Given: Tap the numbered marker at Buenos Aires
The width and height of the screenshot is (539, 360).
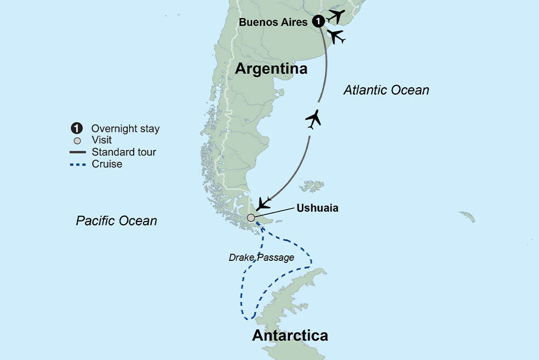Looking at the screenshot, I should (x=319, y=22).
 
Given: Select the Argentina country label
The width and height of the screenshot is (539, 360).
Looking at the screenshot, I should (x=272, y=69).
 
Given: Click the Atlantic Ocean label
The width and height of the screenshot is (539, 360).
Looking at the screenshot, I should (x=386, y=91).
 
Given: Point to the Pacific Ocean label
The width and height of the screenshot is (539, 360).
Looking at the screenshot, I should (x=116, y=220).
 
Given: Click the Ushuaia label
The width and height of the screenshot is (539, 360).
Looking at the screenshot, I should (x=317, y=208).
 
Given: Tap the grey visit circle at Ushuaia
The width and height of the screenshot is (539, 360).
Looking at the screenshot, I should (x=251, y=218).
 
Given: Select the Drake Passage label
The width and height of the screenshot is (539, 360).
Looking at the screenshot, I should (x=261, y=258).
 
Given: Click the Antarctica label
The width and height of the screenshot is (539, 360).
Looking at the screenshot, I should (x=290, y=335).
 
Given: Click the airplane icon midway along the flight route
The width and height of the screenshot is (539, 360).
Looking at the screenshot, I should (x=313, y=119).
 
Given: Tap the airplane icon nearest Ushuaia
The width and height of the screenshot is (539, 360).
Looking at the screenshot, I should (x=264, y=203).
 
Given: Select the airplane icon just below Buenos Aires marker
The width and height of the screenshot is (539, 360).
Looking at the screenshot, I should (x=336, y=37).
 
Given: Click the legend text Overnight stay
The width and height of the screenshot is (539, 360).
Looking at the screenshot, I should (x=126, y=129).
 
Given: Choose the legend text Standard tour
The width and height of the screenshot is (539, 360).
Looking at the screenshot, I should (x=123, y=152).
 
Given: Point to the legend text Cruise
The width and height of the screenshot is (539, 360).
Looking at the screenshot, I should (x=107, y=164).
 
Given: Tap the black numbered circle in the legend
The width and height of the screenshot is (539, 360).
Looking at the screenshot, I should (x=77, y=129).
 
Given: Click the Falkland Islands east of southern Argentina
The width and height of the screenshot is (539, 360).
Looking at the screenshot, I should (x=313, y=186).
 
